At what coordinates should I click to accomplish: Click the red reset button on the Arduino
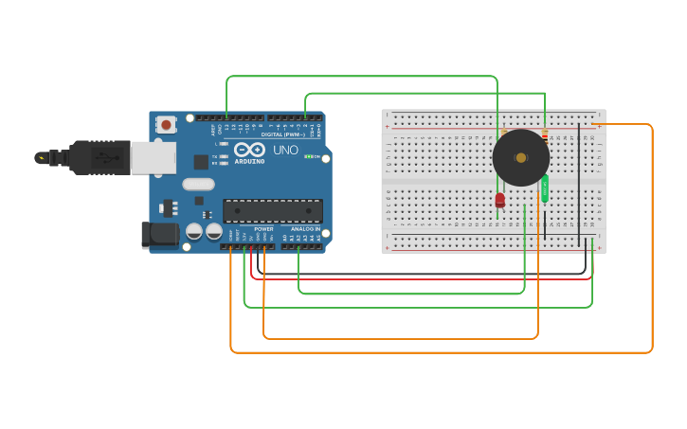pyautogui.click(x=167, y=124)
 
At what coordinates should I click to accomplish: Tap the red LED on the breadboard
pyautogui.click(x=500, y=199)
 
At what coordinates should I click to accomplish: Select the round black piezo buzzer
pyautogui.click(x=520, y=157)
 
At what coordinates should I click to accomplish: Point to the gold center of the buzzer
pyautogui.click(x=520, y=157)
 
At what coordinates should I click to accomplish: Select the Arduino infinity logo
pyautogui.click(x=249, y=150)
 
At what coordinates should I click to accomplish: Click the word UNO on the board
pyautogui.click(x=285, y=150)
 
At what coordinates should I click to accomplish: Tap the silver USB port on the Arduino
pyautogui.click(x=153, y=157)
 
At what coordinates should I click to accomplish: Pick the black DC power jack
pyautogui.click(x=158, y=235)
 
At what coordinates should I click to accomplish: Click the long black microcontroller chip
pyautogui.click(x=273, y=210)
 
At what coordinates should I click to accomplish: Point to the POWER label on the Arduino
pyautogui.click(x=263, y=228)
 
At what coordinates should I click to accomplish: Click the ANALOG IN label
pyautogui.click(x=304, y=228)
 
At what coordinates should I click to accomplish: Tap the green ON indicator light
pyautogui.click(x=307, y=156)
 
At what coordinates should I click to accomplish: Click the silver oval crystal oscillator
pyautogui.click(x=199, y=184)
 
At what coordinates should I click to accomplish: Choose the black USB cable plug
pyautogui.click(x=99, y=157)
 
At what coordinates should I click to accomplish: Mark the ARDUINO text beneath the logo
pyautogui.click(x=250, y=161)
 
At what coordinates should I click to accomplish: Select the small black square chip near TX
pyautogui.click(x=201, y=161)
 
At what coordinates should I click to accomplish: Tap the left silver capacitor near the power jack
pyautogui.click(x=194, y=231)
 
